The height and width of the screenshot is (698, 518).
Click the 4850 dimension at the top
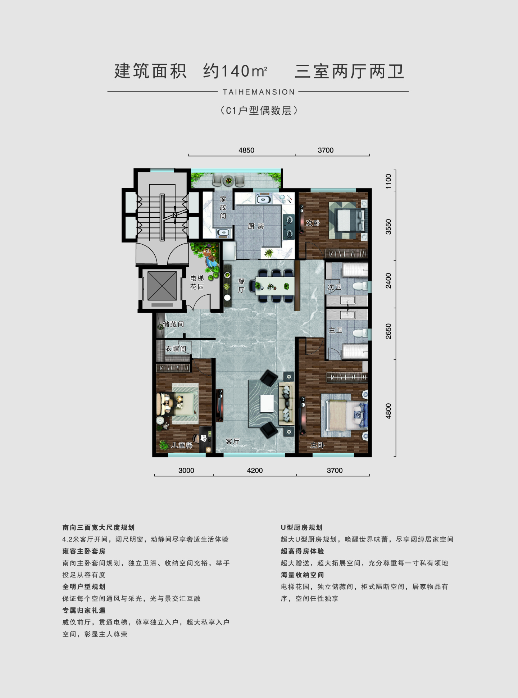pyautogui.click(x=246, y=150)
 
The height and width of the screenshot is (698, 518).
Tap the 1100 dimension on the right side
pyautogui.click(x=388, y=181)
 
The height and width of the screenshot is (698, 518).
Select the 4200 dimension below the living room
pyautogui.click(x=255, y=470)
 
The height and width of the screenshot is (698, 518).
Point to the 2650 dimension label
pyautogui.click(x=388, y=331)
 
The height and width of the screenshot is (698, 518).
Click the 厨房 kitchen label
pyautogui.click(x=256, y=226)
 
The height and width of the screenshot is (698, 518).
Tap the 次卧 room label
pyautogui.click(x=313, y=223)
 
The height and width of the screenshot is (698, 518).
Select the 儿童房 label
pyautogui.click(x=182, y=445)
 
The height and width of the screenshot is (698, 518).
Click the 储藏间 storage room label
pyautogui.click(x=173, y=324)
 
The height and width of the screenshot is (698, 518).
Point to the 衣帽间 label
pyautogui.click(x=176, y=349)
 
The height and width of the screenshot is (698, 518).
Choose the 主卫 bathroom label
pyautogui.click(x=336, y=330)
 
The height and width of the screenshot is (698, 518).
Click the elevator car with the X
pyautogui.click(x=162, y=286)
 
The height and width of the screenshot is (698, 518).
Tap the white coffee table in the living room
pyautogui.click(x=267, y=404)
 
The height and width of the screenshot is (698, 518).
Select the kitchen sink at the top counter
pyautogui.click(x=263, y=199)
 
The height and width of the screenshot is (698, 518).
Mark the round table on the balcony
pyautogui.click(x=228, y=181)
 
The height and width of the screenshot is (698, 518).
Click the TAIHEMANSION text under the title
pyautogui.click(x=259, y=92)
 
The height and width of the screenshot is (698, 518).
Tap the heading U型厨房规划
pyautogui.click(x=301, y=527)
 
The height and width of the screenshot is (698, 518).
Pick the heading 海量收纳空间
pyautogui.click(x=303, y=575)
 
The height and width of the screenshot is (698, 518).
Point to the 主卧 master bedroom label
pyautogui.click(x=318, y=445)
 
